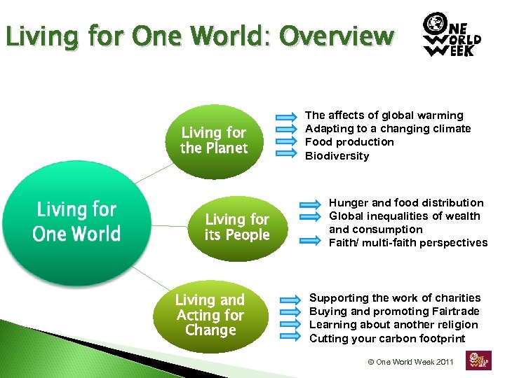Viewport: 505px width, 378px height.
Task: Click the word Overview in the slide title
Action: click(x=336, y=36)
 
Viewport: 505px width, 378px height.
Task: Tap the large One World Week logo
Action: click(x=452, y=36)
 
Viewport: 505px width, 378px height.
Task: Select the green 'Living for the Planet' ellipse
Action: click(x=214, y=140)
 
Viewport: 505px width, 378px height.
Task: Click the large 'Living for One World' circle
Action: click(x=76, y=222)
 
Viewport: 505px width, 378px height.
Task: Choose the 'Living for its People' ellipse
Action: click(x=237, y=227)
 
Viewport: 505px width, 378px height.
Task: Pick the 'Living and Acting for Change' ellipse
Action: click(x=210, y=314)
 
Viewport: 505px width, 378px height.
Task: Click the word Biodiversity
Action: click(x=337, y=156)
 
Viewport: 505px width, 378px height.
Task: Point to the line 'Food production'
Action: click(x=349, y=142)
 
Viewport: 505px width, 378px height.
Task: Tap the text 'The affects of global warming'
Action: click(x=384, y=115)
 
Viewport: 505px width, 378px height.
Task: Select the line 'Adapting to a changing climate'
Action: click(x=388, y=129)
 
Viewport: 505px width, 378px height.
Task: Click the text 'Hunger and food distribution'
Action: click(x=406, y=203)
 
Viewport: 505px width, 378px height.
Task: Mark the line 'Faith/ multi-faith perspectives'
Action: click(x=408, y=243)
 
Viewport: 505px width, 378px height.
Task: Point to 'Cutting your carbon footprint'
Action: click(x=387, y=339)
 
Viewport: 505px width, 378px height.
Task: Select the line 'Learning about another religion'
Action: click(x=393, y=325)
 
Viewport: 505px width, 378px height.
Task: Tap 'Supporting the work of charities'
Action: click(x=395, y=298)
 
